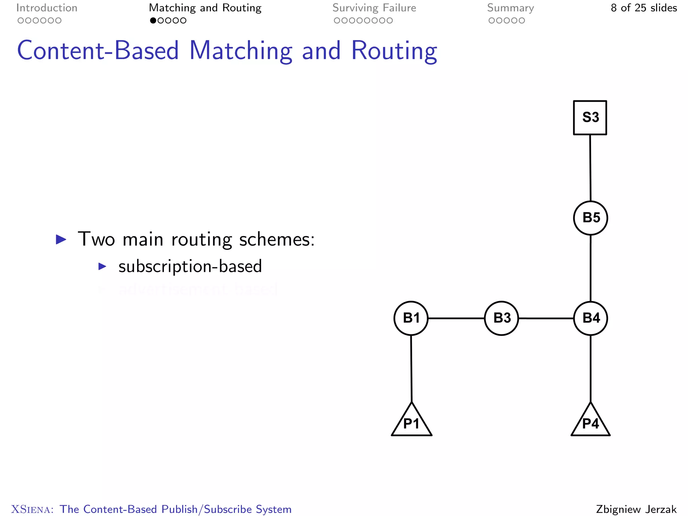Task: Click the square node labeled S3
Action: click(590, 118)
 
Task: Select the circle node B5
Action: click(591, 218)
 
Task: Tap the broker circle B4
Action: click(591, 318)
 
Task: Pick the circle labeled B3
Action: click(502, 318)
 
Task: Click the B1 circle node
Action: click(411, 318)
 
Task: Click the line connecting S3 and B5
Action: click(590, 168)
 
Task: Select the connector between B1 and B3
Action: click(456, 318)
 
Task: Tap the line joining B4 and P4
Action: click(591, 369)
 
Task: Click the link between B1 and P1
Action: click(411, 369)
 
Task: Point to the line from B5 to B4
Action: click(591, 268)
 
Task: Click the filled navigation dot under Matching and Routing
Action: click(153, 20)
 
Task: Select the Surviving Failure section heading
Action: click(374, 8)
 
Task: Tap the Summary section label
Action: click(510, 8)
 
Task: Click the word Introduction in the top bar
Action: click(47, 8)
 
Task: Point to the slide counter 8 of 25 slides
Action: click(644, 8)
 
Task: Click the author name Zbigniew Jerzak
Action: click(636, 509)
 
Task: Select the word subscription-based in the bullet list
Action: click(190, 266)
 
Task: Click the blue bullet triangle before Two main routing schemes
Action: click(61, 240)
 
